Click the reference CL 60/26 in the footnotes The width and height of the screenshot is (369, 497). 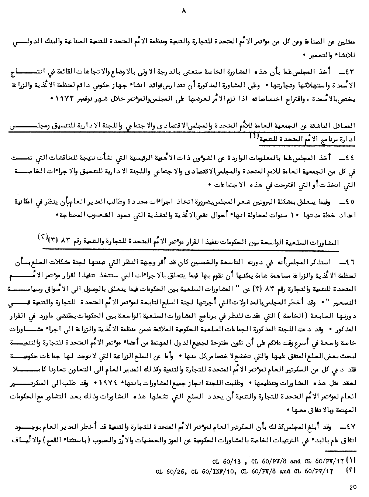click(x=169, y=471)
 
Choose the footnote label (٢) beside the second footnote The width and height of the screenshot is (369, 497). click(x=351, y=470)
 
